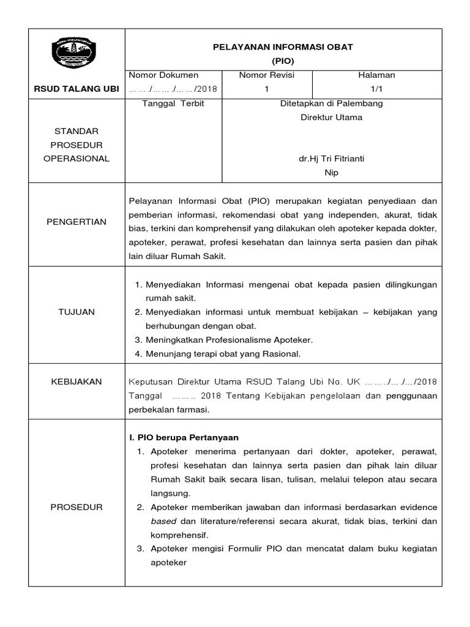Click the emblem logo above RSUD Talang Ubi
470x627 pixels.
pyautogui.click(x=76, y=54)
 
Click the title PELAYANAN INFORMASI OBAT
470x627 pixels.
pyautogui.click(x=282, y=47)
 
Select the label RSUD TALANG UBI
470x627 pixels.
pyautogui.click(x=76, y=89)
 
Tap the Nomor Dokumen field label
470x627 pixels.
pyautogui.click(x=163, y=75)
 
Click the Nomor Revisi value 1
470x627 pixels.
pyautogui.click(x=266, y=89)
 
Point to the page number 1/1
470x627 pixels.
pyautogui.click(x=376, y=89)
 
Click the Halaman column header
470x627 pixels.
pyautogui.click(x=376, y=75)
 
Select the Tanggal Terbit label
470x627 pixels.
pyautogui.click(x=173, y=103)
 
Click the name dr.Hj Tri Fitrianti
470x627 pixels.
pyautogui.click(x=331, y=159)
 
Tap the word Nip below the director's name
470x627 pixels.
pyautogui.click(x=331, y=173)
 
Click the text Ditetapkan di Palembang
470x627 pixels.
pyautogui.click(x=331, y=103)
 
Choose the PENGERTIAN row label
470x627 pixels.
pyautogui.click(x=76, y=222)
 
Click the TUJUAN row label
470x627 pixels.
pyautogui.click(x=76, y=312)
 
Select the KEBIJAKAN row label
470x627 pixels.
pyautogui.click(x=76, y=381)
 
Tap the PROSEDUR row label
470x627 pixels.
pyautogui.click(x=76, y=507)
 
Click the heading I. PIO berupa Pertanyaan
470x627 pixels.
pyautogui.click(x=183, y=437)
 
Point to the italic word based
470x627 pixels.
pyautogui.click(x=163, y=521)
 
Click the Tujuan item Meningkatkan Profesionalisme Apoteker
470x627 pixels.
pyautogui.click(x=229, y=339)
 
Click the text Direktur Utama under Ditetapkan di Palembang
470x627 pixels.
pyautogui.click(x=331, y=117)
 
